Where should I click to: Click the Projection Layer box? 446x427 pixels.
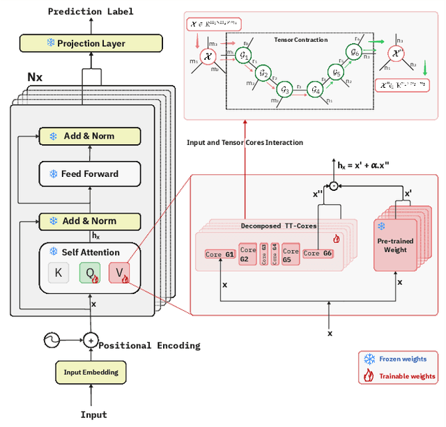coord(91,43)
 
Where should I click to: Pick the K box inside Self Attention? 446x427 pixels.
coord(59,273)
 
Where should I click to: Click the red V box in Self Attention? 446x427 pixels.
coord(119,273)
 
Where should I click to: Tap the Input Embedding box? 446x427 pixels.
coord(91,372)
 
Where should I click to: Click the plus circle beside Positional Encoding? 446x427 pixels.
coord(91,341)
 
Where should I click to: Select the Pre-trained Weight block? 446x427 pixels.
coord(395,244)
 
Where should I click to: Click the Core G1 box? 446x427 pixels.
coord(220,254)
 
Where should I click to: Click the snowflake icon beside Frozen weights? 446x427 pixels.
coord(369,359)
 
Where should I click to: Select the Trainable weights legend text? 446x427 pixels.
coord(407,376)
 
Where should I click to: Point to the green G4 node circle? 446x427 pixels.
coord(315,89)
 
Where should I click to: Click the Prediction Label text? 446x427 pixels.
coord(91,11)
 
